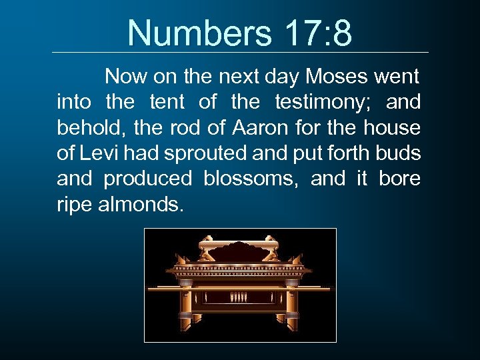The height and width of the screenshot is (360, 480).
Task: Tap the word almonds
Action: (x=139, y=205)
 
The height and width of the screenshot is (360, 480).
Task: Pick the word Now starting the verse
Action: (x=126, y=77)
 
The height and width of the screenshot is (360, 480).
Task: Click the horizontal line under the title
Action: (x=240, y=53)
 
